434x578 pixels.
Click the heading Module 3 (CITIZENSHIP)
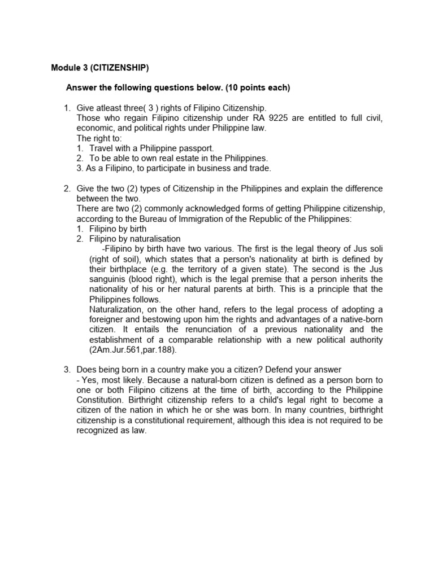100,68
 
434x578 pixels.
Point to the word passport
198,148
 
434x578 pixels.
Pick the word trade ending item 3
261,168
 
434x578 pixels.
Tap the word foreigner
108,319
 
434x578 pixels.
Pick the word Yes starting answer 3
89,380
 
